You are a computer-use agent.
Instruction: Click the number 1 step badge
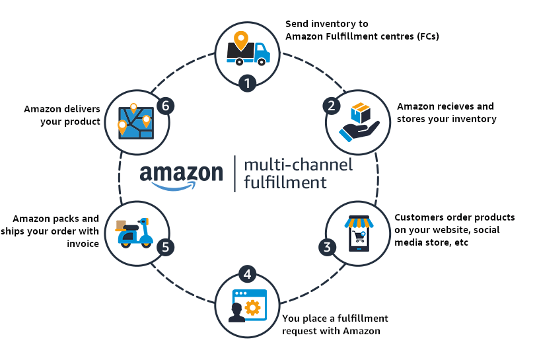pyautogui.click(x=247, y=83)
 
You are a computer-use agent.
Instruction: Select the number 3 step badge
pyautogui.click(x=326, y=248)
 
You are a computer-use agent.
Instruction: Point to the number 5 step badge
pyautogui.click(x=166, y=248)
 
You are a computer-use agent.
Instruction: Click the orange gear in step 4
pyautogui.click(x=252, y=308)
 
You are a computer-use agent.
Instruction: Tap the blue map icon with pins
pyautogui.click(x=135, y=121)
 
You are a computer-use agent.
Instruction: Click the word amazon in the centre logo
pyautogui.click(x=181, y=174)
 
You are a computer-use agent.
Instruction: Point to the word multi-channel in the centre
pyautogui.click(x=298, y=164)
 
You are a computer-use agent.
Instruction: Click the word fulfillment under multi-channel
pyautogui.click(x=285, y=182)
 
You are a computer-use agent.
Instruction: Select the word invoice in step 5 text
pyautogui.click(x=83, y=244)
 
